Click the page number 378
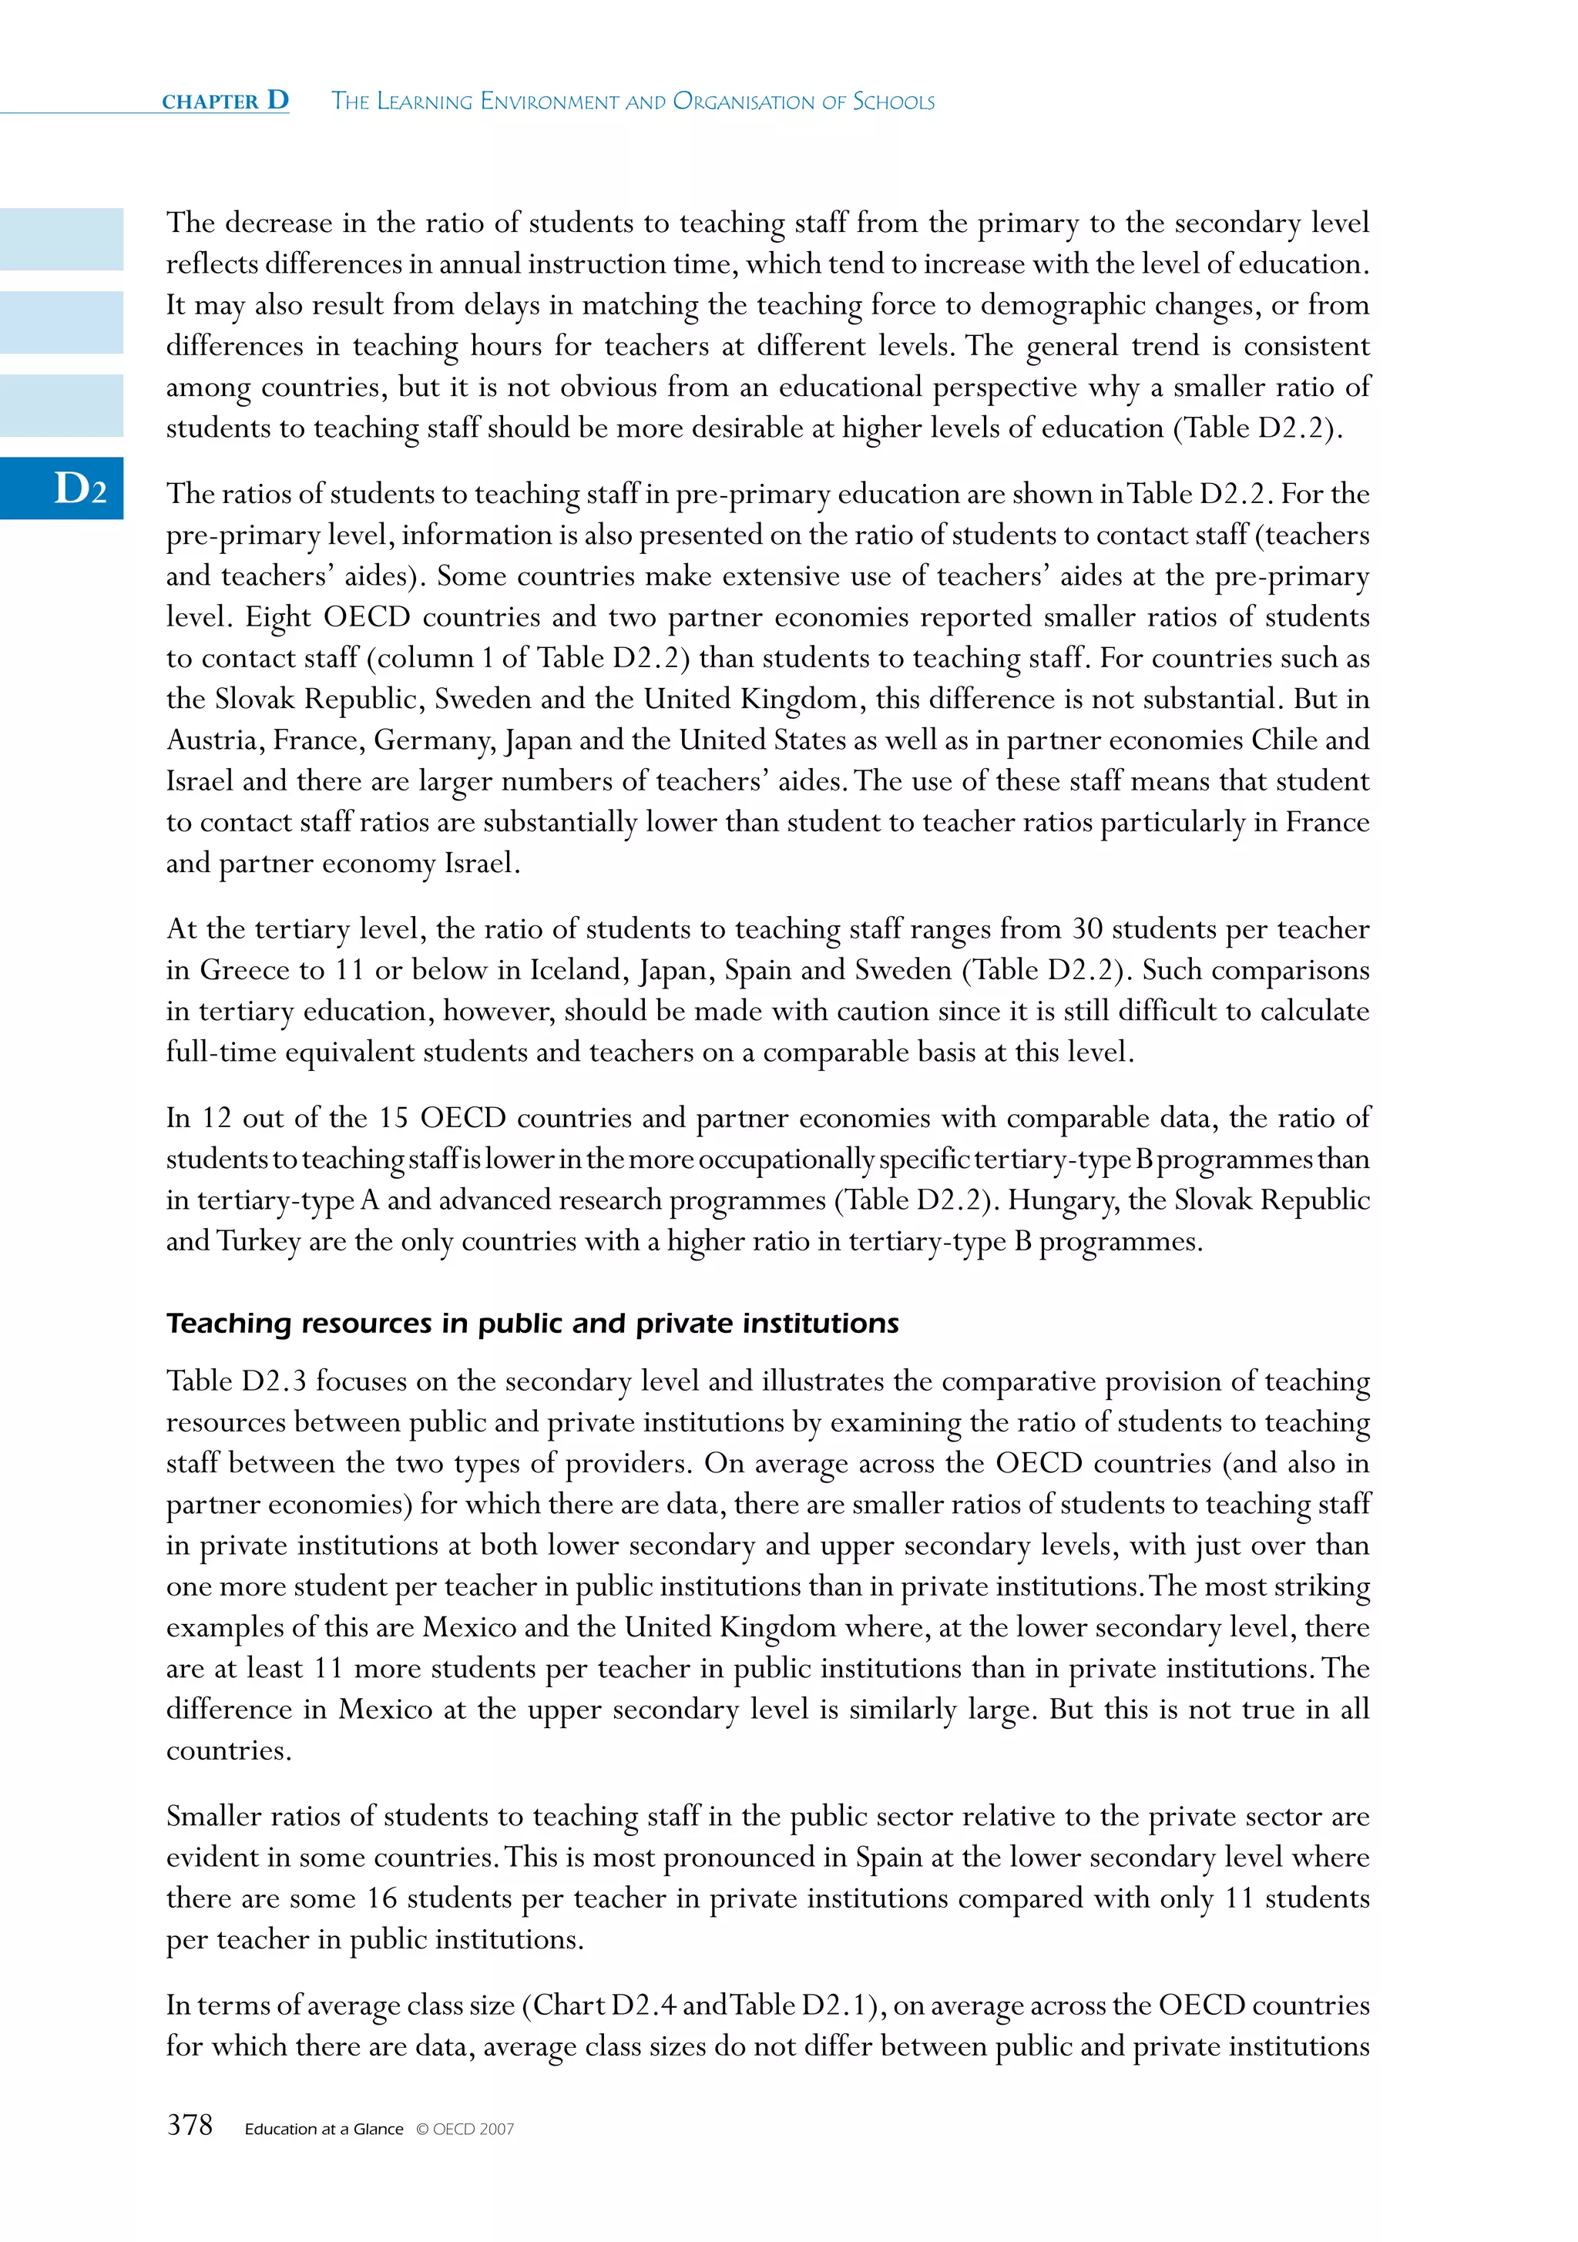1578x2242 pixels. (x=190, y=2125)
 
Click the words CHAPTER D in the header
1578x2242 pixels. (x=226, y=101)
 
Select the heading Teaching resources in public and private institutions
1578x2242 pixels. (x=532, y=1323)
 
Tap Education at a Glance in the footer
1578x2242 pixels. (x=323, y=2130)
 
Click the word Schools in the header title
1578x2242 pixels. (x=894, y=102)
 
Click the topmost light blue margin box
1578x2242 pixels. (x=62, y=240)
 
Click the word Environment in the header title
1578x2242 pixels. (x=548, y=102)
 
